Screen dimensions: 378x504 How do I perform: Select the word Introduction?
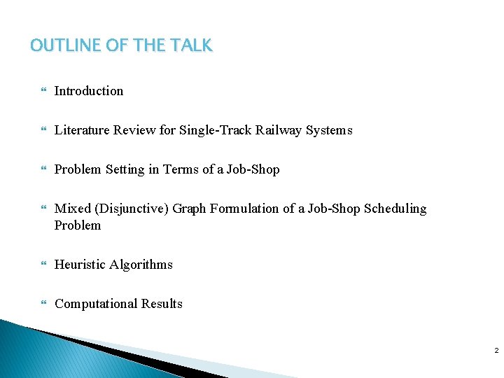click(x=89, y=91)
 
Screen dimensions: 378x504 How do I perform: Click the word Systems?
click(x=329, y=130)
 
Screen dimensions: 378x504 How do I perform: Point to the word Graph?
click(x=188, y=209)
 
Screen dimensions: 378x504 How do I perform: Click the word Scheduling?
click(x=395, y=209)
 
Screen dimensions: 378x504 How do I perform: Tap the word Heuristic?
click(x=80, y=265)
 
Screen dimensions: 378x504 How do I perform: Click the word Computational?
click(x=96, y=304)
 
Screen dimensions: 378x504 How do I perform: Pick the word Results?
click(x=162, y=304)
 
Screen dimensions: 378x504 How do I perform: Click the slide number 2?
click(x=496, y=350)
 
